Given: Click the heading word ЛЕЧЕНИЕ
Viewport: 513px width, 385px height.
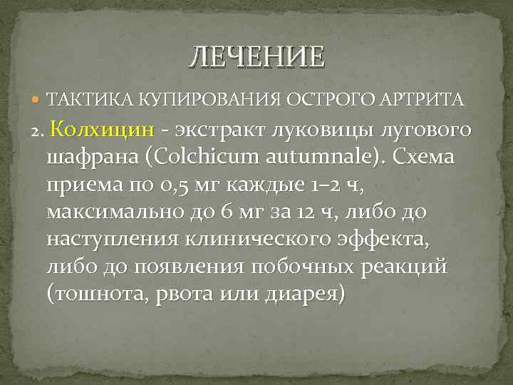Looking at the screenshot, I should click(256, 56).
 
